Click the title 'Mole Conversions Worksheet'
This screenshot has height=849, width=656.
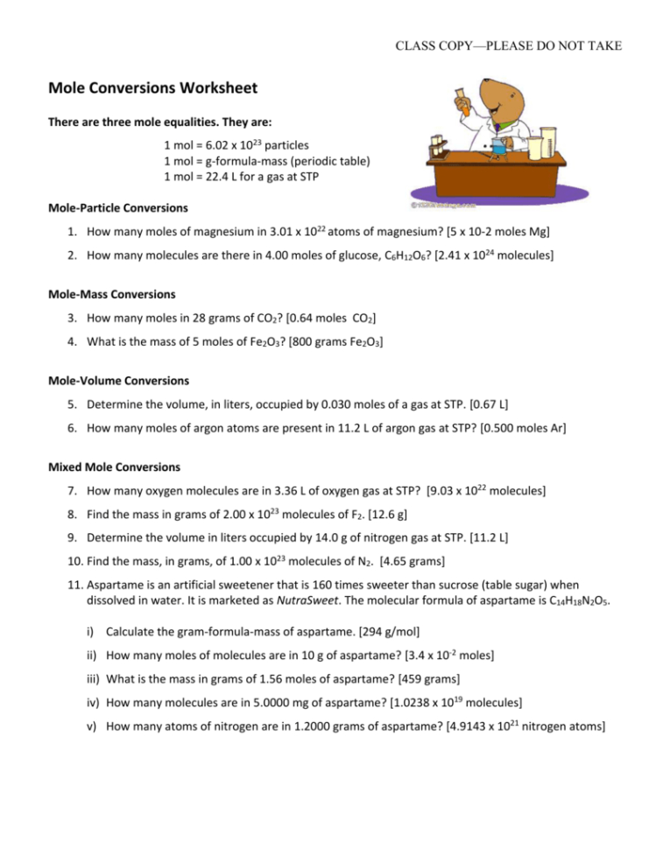[x=152, y=88]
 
